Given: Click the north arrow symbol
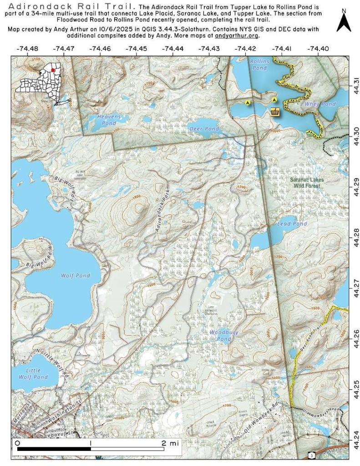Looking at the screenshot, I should click(x=344, y=22).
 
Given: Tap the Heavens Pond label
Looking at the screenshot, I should click(x=109, y=120).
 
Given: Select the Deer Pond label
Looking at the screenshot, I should click(x=204, y=129).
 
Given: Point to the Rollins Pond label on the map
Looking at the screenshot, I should click(x=259, y=65).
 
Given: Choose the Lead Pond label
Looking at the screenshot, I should click(x=292, y=224).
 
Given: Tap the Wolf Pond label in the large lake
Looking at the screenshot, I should click(x=75, y=276).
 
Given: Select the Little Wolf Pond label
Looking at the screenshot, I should click(x=33, y=374).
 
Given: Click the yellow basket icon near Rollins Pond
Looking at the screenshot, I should click(x=274, y=111).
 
